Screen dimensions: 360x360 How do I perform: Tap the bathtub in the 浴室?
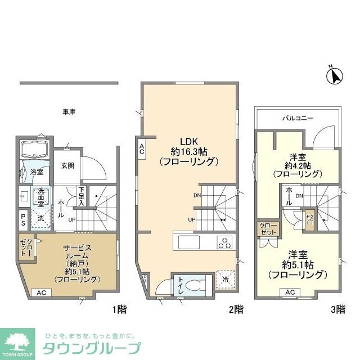point(35,150)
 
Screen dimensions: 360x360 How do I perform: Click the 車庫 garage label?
point(69,112)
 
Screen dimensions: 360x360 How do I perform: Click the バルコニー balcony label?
point(298,118)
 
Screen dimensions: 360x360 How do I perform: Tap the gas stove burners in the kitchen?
point(224,243)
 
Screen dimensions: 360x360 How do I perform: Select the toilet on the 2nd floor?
point(197,283)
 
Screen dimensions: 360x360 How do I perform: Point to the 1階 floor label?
point(119,309)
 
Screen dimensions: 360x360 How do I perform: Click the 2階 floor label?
point(236,309)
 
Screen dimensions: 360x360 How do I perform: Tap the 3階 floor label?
point(337,309)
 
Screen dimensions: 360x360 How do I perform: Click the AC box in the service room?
point(42,292)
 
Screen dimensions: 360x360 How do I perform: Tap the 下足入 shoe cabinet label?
point(82,196)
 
